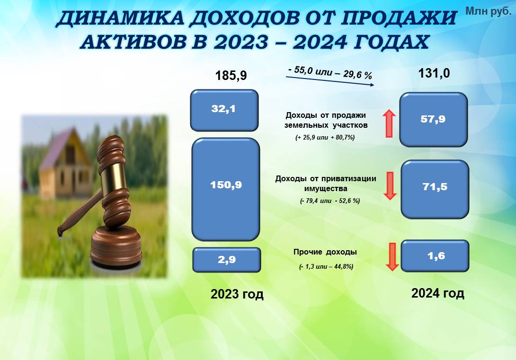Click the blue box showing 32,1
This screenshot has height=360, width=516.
coord(224,110)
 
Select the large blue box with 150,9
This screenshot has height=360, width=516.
coord(226,189)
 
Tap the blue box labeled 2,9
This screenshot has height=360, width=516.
coord(227,260)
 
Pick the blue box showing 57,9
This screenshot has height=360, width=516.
coord(434,119)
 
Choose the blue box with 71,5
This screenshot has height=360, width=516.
coord(435,189)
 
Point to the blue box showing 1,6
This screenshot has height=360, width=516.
coord(435,256)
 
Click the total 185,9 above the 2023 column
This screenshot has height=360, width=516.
coord(231,76)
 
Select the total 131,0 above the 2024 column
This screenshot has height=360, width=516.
coord(434,73)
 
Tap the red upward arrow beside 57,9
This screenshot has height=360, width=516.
coord(389,123)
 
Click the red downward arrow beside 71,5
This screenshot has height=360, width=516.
coord(390,186)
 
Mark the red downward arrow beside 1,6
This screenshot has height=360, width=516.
coord(392,256)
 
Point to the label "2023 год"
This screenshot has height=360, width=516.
coord(237,294)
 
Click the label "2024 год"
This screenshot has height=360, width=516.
coord(438,293)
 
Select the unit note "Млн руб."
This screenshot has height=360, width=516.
coord(489,11)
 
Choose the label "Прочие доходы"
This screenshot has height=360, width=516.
coord(325,252)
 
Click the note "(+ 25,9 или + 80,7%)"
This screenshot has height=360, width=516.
coord(325,138)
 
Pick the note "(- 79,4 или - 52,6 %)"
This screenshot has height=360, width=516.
coord(330,201)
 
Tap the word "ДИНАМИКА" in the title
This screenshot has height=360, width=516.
coord(120,18)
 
